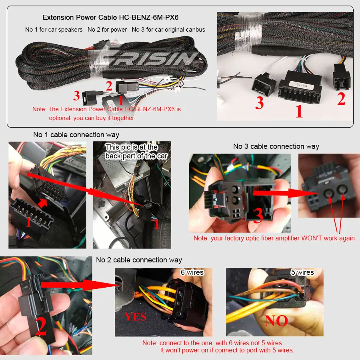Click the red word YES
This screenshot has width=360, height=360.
point(136,317)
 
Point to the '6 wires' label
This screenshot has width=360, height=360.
point(192,272)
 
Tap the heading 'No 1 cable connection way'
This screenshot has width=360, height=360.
point(76,135)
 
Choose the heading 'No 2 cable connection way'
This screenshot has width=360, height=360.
point(139,260)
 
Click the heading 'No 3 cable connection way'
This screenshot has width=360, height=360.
point(276,146)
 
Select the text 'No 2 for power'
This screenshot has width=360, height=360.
point(107,30)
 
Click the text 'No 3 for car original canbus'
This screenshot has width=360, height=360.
point(168,30)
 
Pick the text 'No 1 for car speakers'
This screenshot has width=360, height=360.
point(54,30)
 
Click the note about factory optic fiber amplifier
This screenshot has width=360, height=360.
point(274,238)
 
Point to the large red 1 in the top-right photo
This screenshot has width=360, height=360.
point(299,111)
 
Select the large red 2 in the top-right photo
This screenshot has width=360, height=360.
point(341,99)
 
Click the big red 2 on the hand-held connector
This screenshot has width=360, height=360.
point(40,327)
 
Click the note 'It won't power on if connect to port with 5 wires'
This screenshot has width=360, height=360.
point(227,350)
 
